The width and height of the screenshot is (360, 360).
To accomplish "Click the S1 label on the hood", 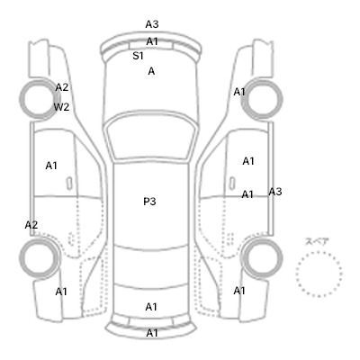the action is pos(138,56).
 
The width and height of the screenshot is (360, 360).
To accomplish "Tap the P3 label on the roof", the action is pos(149,202).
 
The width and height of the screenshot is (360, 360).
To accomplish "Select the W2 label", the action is pos(61,107).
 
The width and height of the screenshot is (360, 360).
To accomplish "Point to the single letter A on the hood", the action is pos(151,71).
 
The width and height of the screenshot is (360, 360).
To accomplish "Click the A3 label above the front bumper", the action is pos(152,24).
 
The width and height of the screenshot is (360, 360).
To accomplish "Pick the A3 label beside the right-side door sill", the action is pos(275,192).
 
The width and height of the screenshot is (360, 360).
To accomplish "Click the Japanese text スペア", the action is pos(317,241).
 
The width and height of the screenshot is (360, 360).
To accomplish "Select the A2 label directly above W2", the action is pos(62,87).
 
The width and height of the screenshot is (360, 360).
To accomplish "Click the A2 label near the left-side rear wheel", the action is pos(31,225).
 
